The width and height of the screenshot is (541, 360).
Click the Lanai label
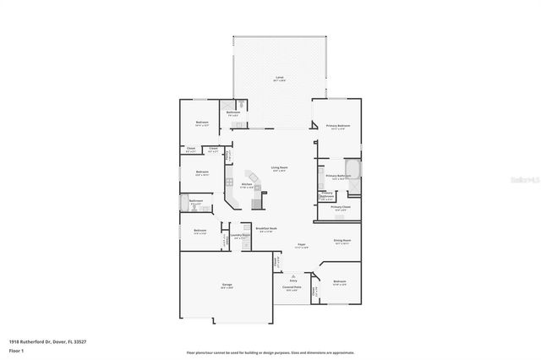point(278,77)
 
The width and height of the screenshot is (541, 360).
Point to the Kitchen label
point(248,185)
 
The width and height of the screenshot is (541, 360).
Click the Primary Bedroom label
point(338,127)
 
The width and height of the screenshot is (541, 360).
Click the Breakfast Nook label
point(267,229)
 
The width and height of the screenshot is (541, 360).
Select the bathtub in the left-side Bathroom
point(183,204)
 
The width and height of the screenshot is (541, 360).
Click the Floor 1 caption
point(16,349)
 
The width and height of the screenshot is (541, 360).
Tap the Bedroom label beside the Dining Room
point(340,282)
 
